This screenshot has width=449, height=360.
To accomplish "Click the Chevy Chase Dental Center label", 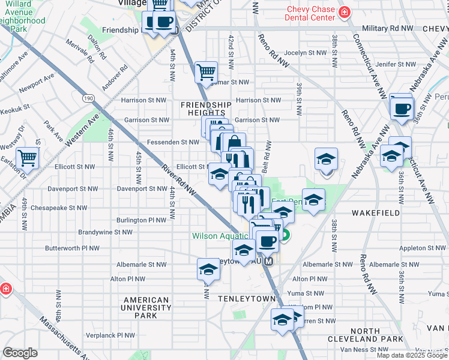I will click(x=310, y=13).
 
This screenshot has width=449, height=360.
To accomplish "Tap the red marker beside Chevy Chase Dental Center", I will click(x=344, y=13).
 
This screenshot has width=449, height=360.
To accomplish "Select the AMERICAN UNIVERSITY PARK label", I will click(x=145, y=307).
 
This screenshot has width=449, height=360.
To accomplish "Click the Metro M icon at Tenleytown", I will click(x=270, y=262).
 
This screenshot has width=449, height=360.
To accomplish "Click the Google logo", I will click(x=20, y=353).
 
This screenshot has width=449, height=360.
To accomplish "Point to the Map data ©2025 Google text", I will click(x=412, y=355).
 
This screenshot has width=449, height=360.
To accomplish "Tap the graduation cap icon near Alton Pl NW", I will click(x=208, y=269).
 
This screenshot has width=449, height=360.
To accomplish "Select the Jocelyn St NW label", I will click(x=304, y=52).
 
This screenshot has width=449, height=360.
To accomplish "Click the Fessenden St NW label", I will click(x=173, y=142).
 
